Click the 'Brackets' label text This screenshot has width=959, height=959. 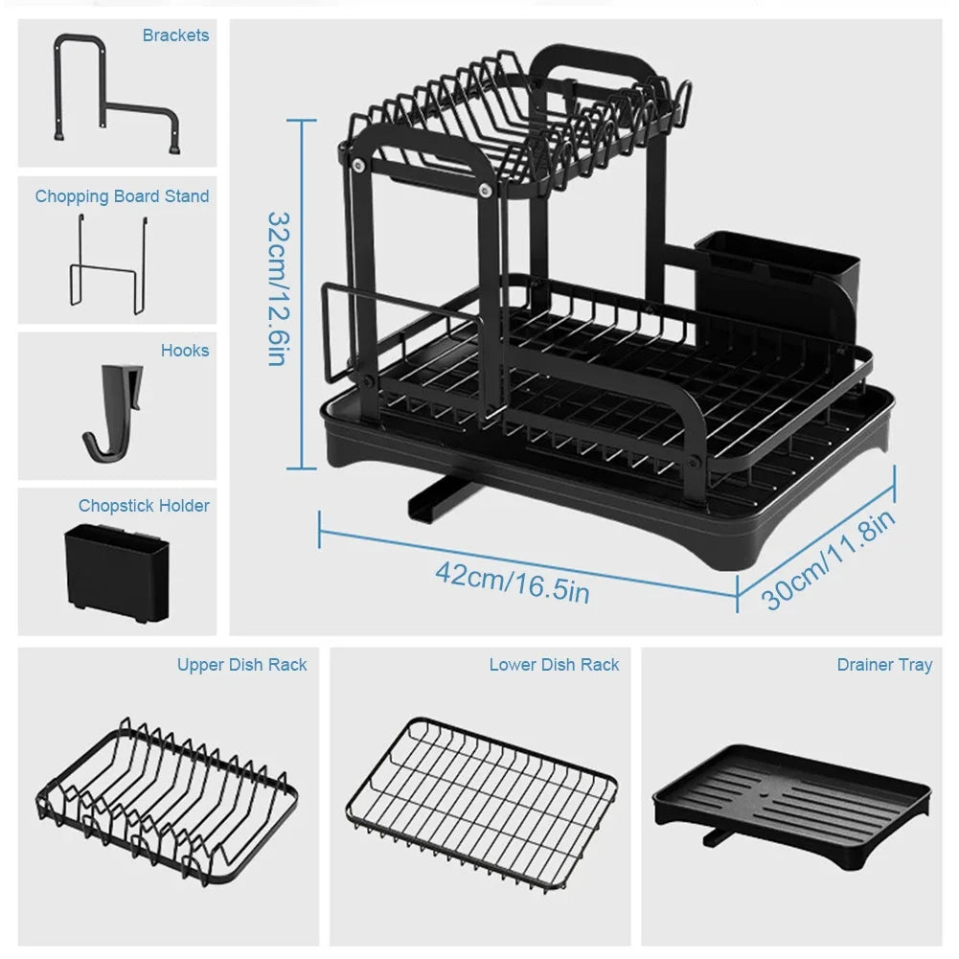(x=175, y=35)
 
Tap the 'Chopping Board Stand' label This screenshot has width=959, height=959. (x=122, y=196)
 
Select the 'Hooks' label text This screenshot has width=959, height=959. (x=184, y=351)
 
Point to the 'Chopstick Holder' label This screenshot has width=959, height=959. (x=144, y=505)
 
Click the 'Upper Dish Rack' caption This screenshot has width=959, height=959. (x=241, y=664)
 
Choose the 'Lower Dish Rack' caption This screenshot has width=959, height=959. (x=554, y=664)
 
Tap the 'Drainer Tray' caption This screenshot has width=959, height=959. (x=883, y=664)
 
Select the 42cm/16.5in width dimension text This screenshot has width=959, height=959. (x=512, y=582)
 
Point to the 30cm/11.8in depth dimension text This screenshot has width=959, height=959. (x=830, y=559)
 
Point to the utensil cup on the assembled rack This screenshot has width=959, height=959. (x=776, y=278)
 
